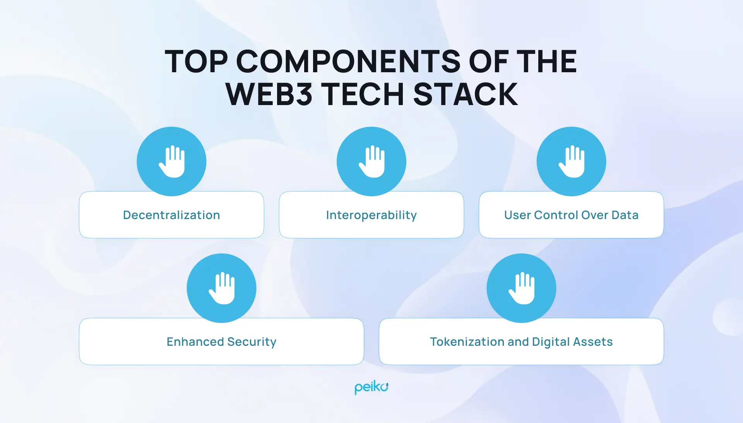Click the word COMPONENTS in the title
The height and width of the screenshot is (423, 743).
point(348,61)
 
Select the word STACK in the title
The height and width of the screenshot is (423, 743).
point(466,94)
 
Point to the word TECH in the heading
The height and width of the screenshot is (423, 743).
point(363,94)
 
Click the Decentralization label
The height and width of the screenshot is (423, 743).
point(171,215)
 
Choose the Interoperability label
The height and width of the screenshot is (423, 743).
point(371,215)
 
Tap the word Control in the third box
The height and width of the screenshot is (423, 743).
point(555,215)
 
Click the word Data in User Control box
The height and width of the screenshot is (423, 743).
point(625,215)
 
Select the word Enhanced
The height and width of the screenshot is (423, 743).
point(195,341)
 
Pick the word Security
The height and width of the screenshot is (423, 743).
point(252,342)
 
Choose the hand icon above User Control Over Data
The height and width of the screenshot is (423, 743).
point(572,161)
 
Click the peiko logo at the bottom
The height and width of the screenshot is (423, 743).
point(371,387)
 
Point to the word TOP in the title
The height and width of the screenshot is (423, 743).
point(196,61)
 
